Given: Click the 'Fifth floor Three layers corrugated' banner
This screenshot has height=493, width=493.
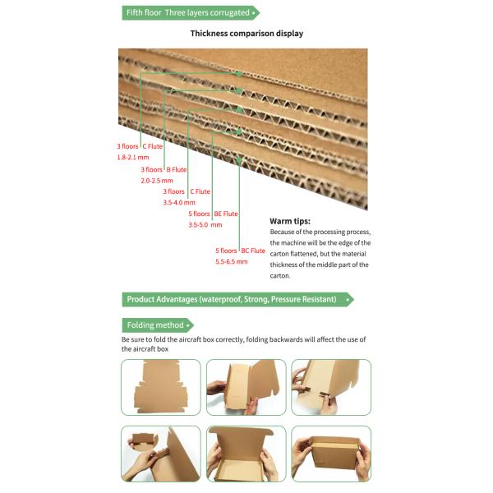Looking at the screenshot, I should click(190, 12).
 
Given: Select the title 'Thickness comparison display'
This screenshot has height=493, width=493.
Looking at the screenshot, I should click(246, 34).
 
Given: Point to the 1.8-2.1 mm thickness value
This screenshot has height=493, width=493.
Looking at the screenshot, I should click(132, 156).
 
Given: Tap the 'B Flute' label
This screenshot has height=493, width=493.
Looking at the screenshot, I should click(176, 169).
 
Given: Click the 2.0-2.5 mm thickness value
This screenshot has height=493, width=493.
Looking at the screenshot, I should click(157, 180).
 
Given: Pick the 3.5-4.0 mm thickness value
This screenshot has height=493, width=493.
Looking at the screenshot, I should click(179, 202).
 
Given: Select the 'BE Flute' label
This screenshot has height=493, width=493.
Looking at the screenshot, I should click(226, 214).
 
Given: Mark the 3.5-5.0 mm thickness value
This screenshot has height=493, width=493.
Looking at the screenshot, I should click(205, 224).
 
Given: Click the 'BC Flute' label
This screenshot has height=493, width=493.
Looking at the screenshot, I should click(253, 251).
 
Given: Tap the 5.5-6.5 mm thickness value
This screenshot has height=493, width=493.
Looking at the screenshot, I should click(232, 261).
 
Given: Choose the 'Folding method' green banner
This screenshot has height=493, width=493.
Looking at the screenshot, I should click(157, 325).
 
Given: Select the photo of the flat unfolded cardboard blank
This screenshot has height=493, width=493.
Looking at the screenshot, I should click(160, 387).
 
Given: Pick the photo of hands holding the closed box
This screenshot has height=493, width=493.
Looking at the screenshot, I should click(331, 454).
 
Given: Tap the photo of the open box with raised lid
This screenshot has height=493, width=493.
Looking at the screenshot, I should click(246, 454).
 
